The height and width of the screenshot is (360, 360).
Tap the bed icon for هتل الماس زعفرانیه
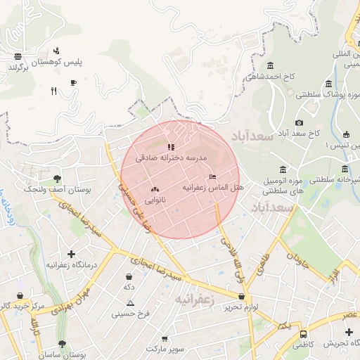(213, 176)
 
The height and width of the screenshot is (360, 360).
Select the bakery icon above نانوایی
(155, 189)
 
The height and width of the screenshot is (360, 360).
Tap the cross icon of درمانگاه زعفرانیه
(71, 254)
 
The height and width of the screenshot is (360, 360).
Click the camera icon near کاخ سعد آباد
(299, 123)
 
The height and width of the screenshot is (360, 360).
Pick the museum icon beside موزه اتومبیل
(282, 169)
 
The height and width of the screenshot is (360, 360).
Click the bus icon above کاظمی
(303, 334)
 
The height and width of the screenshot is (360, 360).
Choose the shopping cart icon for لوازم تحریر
(242, 297)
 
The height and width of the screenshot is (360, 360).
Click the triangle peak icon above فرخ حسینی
(131, 303)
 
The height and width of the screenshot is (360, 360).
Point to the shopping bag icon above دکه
(129, 277)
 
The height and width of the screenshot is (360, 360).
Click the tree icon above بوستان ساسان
(62, 345)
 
